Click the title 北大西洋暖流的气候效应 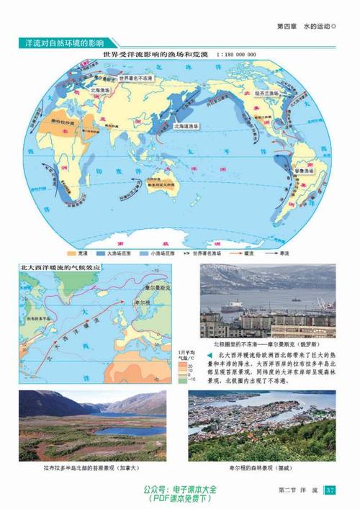(63, 267)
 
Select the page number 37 (330, 491)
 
